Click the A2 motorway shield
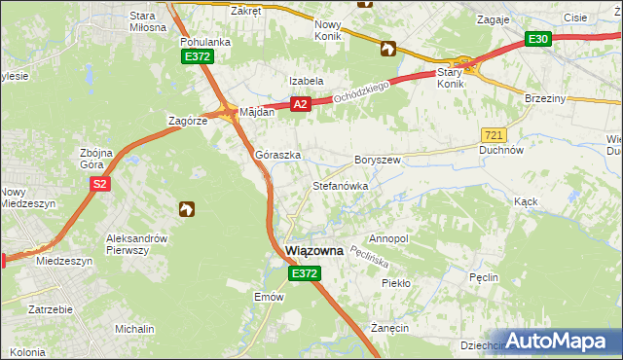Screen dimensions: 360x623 pyautogui.click(x=300, y=103)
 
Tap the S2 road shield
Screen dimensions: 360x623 pyautogui.click(x=98, y=183)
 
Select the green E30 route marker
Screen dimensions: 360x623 pyautogui.click(x=538, y=39)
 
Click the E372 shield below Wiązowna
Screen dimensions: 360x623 pyautogui.click(x=304, y=275)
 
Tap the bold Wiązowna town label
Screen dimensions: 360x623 pyautogui.click(x=314, y=251)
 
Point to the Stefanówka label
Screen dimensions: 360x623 pyautogui.click(x=339, y=185)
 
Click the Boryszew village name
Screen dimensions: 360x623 pyautogui.click(x=378, y=159)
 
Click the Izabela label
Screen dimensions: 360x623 pyautogui.click(x=306, y=81)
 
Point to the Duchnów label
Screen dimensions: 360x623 pyautogui.click(x=502, y=151)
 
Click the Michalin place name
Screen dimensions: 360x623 pyautogui.click(x=134, y=329)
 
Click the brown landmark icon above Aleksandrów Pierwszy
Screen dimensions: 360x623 pyautogui.click(x=186, y=208)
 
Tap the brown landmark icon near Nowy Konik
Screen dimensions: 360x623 pyautogui.click(x=387, y=49)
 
